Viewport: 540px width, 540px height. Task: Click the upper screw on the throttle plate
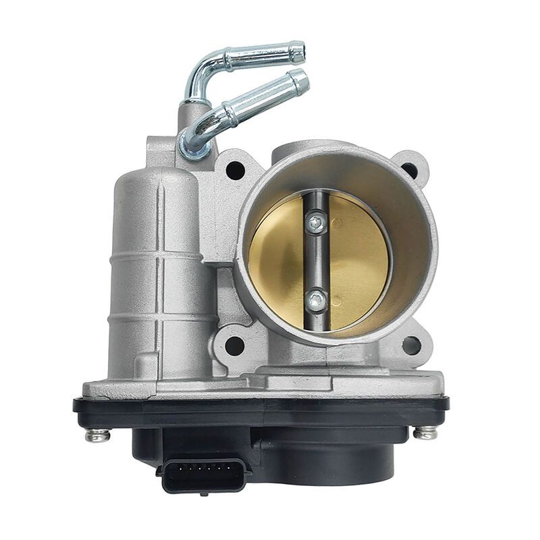point(316,222)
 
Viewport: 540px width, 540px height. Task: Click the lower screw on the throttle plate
point(316,301)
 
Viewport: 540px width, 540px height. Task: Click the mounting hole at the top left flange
point(235,170)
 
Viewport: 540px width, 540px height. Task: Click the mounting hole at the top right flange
point(411,170)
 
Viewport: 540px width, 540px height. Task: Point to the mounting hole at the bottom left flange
point(234,346)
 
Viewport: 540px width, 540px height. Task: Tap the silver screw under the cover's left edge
point(97,435)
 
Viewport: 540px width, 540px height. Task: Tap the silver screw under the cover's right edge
point(425,433)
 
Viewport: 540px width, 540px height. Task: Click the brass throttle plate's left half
point(277,260)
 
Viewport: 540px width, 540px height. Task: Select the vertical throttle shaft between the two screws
point(316,262)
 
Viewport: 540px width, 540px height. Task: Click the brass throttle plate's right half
point(358,260)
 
